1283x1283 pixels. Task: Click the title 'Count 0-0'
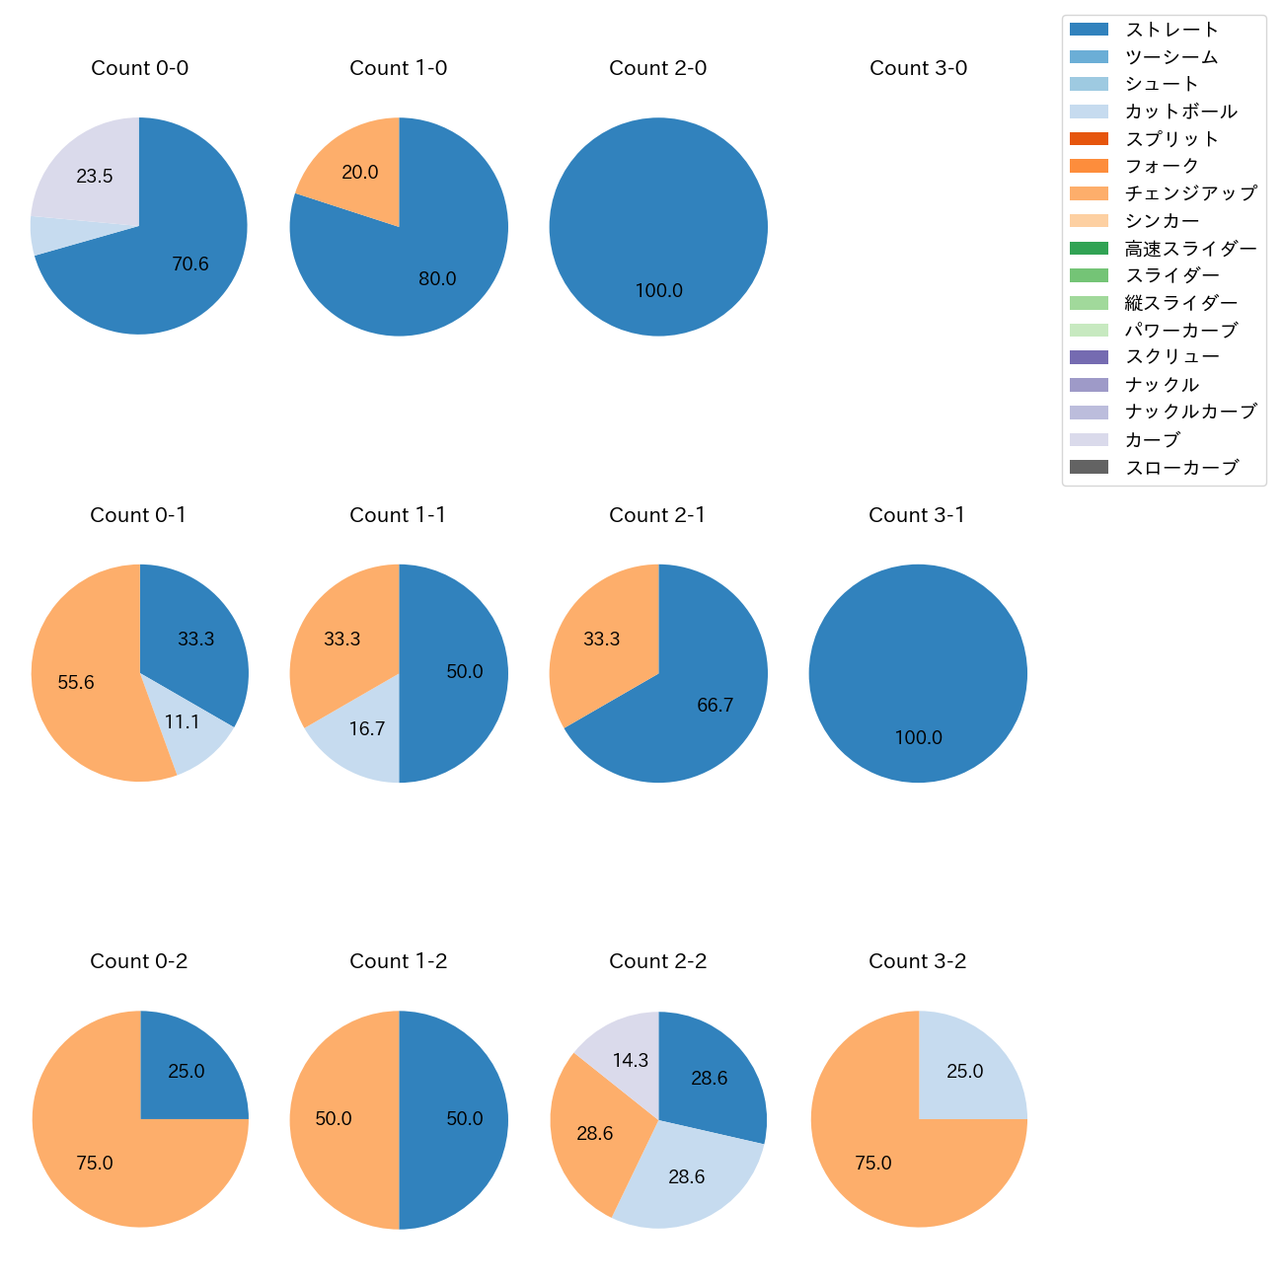139,68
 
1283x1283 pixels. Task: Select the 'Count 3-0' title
918,68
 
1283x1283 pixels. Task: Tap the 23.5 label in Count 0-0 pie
95,177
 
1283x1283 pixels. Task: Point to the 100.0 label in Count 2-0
658,291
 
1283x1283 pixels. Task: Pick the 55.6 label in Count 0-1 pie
76,683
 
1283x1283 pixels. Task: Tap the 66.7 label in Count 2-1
715,706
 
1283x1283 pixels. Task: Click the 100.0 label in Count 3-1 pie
918,738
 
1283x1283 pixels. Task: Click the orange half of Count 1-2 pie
336,1119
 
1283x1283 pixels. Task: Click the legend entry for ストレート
1171,30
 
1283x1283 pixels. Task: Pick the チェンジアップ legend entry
1190,193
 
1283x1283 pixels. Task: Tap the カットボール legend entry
1180,112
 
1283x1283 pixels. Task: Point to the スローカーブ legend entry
1181,468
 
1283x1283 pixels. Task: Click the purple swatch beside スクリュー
1089,357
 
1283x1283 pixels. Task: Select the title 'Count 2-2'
657,961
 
